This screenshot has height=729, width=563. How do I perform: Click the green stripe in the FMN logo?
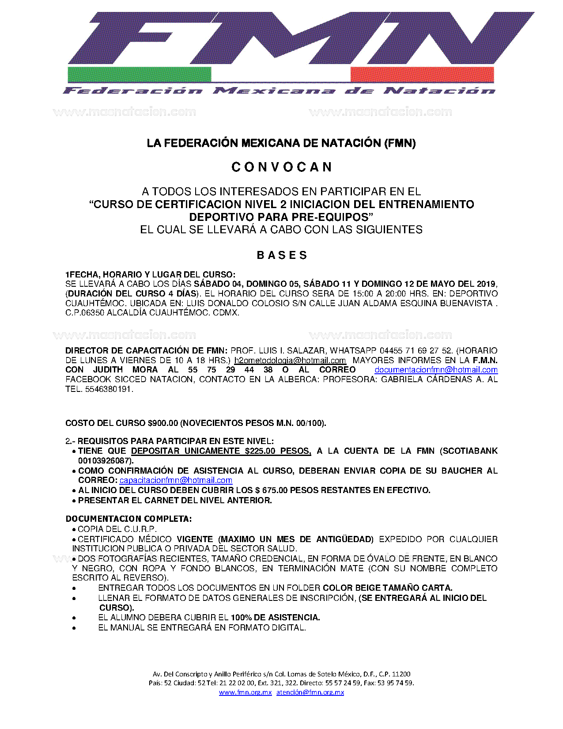pyautogui.click(x=139, y=74)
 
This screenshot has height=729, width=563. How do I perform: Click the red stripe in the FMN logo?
pyautogui.click(x=422, y=74)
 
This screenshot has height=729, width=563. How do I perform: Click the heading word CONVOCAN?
pyautogui.click(x=281, y=167)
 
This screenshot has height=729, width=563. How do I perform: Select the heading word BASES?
pyautogui.click(x=282, y=255)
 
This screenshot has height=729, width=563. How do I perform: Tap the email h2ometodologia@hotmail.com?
pyautogui.click(x=290, y=361)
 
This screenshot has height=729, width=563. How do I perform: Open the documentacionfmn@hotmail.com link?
pyautogui.click(x=436, y=370)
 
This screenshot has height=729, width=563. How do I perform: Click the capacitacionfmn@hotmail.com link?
pyautogui.click(x=176, y=480)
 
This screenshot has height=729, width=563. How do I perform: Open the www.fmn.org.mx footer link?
pyautogui.click(x=245, y=692)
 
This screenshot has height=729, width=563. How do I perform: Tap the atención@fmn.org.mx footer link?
pyautogui.click(x=310, y=692)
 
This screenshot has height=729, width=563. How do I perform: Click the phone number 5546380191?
pyautogui.click(x=108, y=389)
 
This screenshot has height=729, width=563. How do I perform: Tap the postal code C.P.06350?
pyautogui.click(x=85, y=313)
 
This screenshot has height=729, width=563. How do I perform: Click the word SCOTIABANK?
pyautogui.click(x=470, y=451)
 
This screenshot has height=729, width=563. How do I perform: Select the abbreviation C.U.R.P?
pyautogui.click(x=140, y=529)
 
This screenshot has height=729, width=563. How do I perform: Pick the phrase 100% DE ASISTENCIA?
pyautogui.click(x=275, y=618)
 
